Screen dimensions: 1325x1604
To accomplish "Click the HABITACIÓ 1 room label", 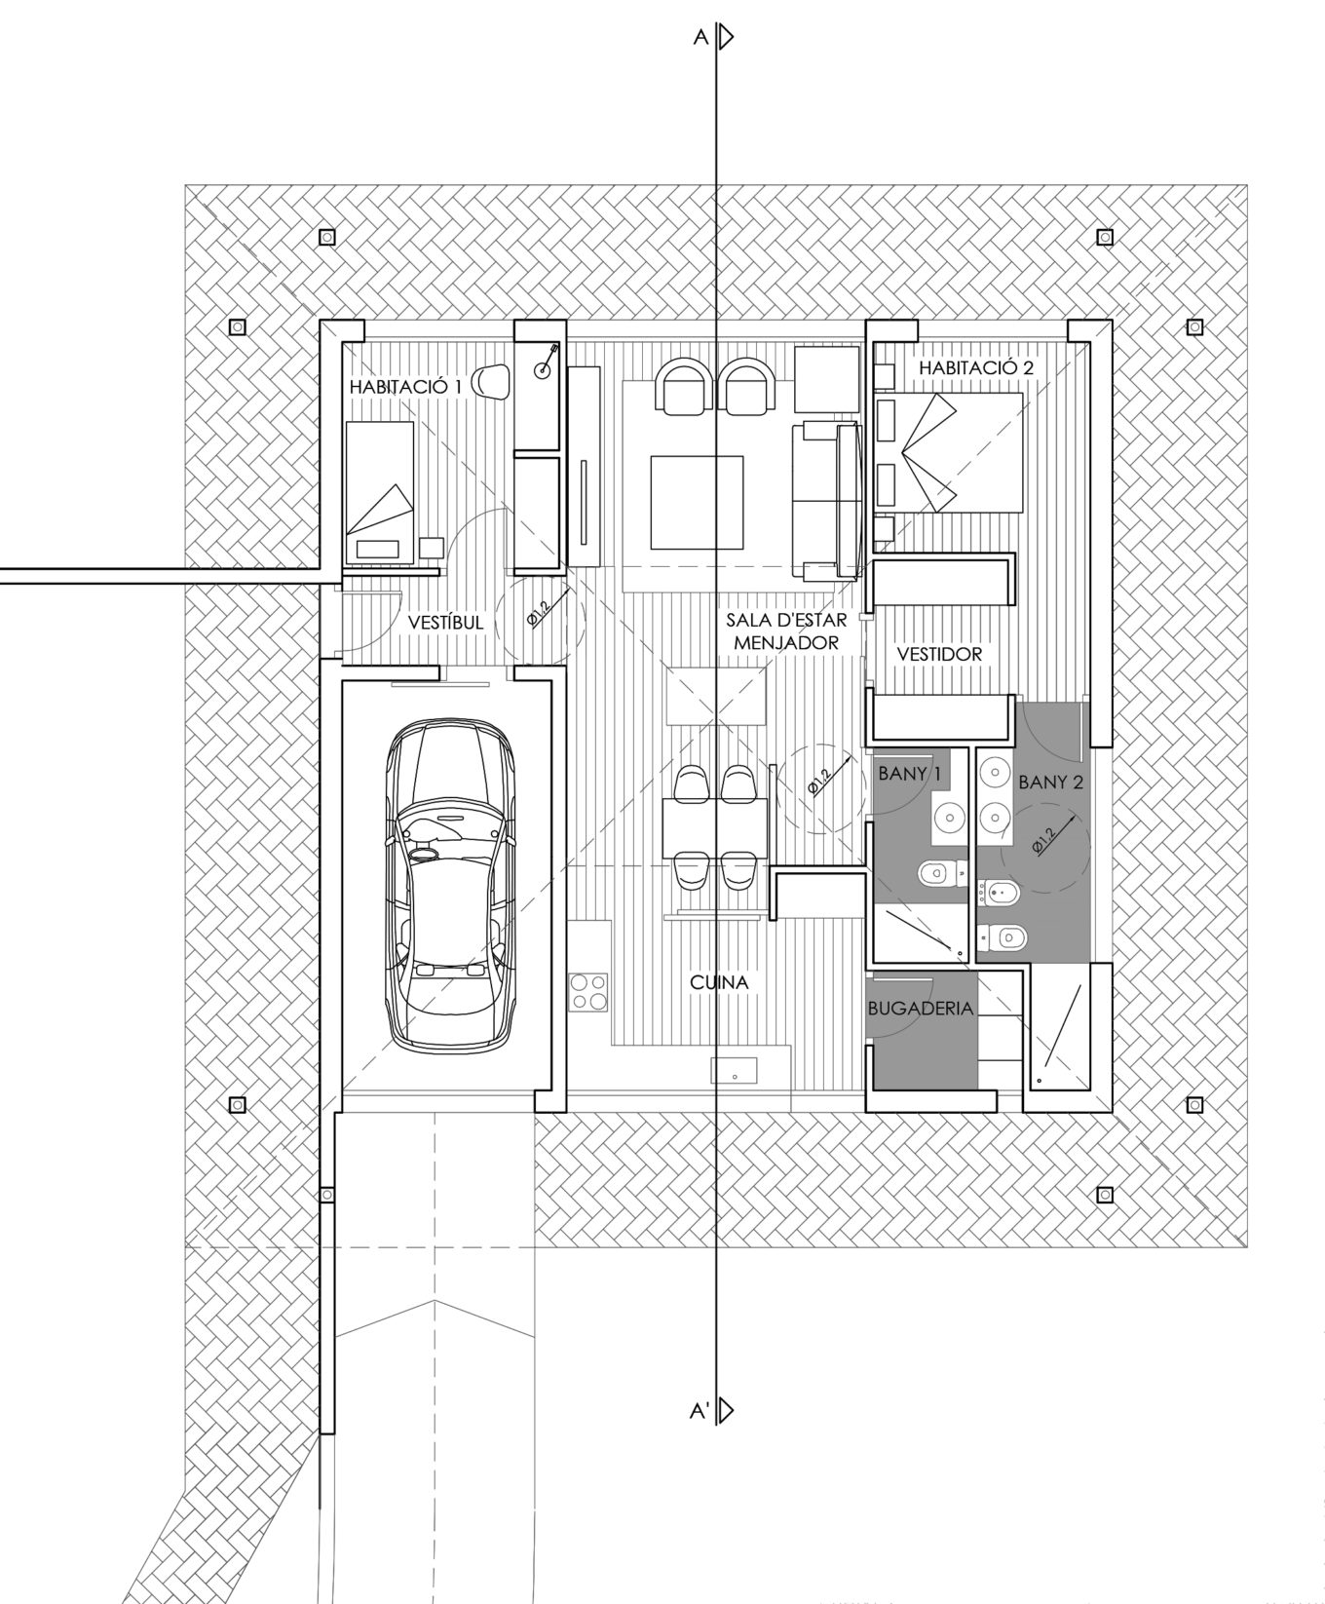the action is coord(405,387).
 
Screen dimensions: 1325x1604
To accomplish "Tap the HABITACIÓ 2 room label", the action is coord(975,367).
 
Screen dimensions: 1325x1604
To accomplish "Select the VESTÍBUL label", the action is coord(446,622).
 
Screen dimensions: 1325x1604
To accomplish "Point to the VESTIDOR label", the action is coord(939,654).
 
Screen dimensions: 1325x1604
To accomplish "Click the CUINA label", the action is coord(719,982).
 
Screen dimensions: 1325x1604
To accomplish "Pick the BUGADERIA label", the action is coord(921,1008).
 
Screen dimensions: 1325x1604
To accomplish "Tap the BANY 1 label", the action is coord(911,775).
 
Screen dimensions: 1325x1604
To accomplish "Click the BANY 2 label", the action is coord(1050,782).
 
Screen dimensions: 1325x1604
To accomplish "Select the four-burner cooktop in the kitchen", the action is coord(588,991).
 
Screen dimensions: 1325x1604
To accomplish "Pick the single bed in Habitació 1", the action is coord(379,492).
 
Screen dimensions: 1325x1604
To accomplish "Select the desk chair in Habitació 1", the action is coord(492,381).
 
